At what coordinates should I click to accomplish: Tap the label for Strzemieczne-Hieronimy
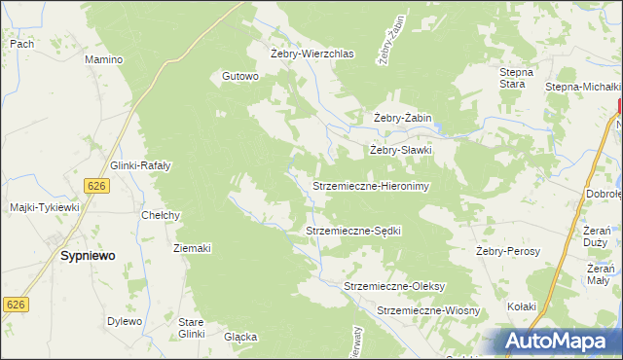pos(370,185)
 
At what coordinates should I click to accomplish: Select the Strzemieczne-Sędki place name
pos(353,231)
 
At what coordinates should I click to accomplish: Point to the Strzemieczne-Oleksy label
pos(394,286)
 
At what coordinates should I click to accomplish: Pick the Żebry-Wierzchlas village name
pos(311,54)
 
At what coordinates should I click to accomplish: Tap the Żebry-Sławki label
pos(399,151)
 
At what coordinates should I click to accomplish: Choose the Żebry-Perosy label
pos(508,251)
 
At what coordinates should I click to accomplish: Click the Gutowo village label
pos(240,76)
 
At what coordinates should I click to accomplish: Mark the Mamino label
pos(103,59)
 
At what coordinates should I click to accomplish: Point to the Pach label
pos(21,44)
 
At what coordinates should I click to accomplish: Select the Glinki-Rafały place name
pos(141,165)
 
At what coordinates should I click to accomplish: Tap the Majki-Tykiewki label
pos(44,207)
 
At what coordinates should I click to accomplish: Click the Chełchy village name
pos(162,215)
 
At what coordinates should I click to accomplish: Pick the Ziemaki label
pos(192,248)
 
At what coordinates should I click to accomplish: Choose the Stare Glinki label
pos(191,327)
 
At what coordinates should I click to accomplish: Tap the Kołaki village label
pos(522,306)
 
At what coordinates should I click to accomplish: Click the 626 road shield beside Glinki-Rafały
pos(95,185)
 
